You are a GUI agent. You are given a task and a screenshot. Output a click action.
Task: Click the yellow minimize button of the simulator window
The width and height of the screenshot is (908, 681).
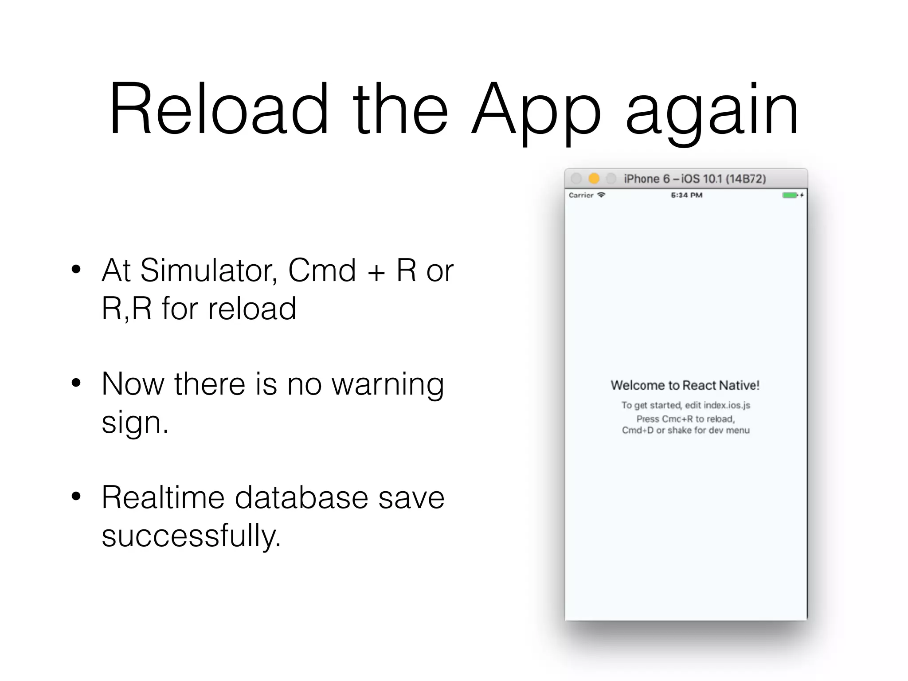[594, 179]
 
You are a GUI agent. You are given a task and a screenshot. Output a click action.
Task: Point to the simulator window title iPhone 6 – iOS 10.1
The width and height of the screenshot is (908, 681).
[695, 179]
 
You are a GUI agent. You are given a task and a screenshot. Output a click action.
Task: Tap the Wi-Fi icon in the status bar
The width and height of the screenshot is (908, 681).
[601, 195]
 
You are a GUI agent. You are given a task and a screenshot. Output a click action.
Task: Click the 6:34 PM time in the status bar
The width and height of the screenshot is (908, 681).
[686, 195]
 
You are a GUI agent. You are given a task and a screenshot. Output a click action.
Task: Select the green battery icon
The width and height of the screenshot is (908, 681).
[790, 195]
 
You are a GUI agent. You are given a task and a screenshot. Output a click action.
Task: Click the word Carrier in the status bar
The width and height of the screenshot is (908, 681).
[581, 195]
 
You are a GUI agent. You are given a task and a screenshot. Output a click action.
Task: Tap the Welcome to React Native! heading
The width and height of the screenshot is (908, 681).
[685, 385]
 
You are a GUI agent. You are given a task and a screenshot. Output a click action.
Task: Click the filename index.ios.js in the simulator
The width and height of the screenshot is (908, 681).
[727, 405]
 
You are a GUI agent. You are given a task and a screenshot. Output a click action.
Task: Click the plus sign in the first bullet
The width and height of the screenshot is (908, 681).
[376, 272]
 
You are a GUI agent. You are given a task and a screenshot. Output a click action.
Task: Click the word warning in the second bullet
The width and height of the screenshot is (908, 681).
[388, 385]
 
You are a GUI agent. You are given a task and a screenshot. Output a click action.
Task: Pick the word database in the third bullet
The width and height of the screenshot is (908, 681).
[301, 497]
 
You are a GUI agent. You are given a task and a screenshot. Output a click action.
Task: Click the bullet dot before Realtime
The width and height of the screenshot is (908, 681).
[76, 497]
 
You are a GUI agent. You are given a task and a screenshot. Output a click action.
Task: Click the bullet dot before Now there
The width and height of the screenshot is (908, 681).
[76, 383]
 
